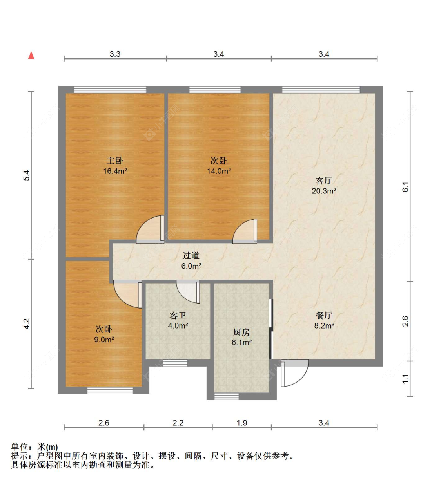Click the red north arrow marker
click(x=31, y=55)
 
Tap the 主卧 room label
click(x=115, y=161)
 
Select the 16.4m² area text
click(x=115, y=171)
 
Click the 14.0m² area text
click(x=219, y=171)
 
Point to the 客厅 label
click(x=324, y=181)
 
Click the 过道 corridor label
click(x=191, y=256)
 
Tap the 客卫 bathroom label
click(x=178, y=315)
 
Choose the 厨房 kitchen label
click(x=241, y=332)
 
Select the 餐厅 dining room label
click(x=324, y=315)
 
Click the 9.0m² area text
click(x=104, y=340)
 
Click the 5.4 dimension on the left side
click(x=27, y=175)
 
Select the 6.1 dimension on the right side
click(x=406, y=187)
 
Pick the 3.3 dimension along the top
click(x=115, y=54)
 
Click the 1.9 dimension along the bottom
click(x=242, y=423)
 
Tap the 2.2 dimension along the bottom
click(x=178, y=423)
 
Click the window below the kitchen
click(x=227, y=396)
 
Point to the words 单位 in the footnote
click(x=20, y=447)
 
